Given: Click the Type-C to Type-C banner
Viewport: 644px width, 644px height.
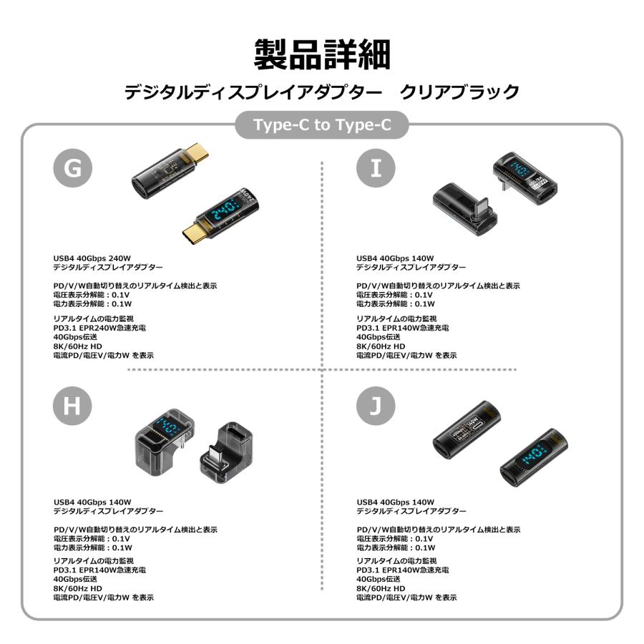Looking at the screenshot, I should [x=322, y=125].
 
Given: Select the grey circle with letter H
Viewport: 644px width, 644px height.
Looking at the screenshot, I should [x=73, y=406].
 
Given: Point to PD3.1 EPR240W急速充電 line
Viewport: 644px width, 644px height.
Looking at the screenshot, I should [x=100, y=328].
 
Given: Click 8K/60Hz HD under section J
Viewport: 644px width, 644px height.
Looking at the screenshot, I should [x=378, y=588].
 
